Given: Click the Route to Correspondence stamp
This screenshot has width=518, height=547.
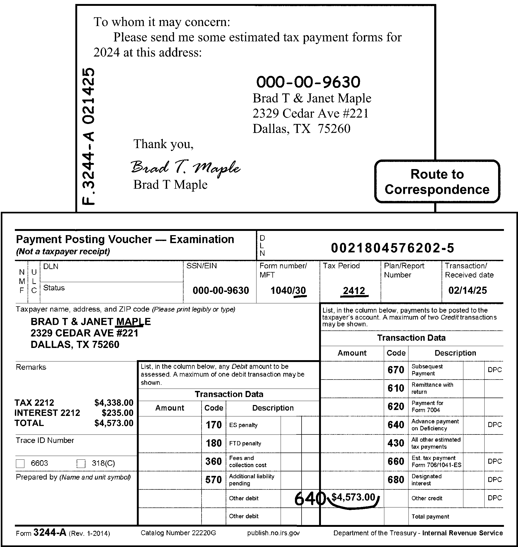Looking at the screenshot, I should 437,182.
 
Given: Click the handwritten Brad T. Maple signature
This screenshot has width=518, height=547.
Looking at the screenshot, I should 185,168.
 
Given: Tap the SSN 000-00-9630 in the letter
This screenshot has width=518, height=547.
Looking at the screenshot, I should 308,82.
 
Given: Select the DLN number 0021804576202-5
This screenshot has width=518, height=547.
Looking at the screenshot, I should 392,248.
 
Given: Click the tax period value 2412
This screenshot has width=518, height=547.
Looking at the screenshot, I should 354,291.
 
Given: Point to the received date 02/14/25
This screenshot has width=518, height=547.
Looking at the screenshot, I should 467,290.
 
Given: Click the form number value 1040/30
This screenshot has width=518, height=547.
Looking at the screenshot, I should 288,291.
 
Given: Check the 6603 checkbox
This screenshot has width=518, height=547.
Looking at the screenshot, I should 20,464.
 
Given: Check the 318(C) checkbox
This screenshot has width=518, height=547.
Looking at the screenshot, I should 81,464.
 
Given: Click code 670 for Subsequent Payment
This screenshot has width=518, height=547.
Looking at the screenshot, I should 396,370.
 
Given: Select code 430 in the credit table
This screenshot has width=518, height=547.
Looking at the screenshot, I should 396,443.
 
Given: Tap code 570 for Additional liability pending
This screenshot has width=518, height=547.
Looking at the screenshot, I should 214,480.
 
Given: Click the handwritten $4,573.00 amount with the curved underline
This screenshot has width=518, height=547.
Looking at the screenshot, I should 354,497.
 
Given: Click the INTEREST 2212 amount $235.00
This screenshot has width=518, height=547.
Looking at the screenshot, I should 117,413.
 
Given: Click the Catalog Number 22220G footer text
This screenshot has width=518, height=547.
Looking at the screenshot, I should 178,533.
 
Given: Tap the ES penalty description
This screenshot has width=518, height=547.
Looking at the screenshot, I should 243,425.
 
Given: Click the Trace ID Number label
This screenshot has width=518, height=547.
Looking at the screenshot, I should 45,440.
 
